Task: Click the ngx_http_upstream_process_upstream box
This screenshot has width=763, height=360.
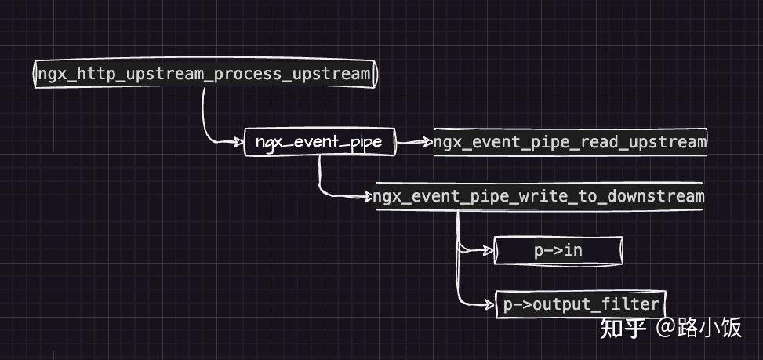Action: (205, 74)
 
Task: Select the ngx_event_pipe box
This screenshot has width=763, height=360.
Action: (319, 142)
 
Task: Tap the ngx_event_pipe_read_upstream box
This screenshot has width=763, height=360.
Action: (570, 142)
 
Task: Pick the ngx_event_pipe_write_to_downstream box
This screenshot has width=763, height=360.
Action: (539, 197)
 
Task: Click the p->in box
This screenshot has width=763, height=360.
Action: (558, 250)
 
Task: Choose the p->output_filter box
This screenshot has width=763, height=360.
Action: (580, 304)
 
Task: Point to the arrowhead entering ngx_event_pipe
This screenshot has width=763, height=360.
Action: (238, 142)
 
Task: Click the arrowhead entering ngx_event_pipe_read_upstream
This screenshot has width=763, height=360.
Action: (427, 142)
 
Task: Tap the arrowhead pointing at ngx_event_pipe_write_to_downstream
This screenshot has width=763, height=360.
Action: (369, 197)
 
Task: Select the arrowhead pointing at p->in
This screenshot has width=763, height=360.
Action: (488, 250)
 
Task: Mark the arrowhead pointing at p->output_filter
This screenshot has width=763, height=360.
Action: (489, 305)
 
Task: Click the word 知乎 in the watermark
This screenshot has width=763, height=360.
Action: (623, 328)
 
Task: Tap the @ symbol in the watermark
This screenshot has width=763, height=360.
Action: (666, 328)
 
